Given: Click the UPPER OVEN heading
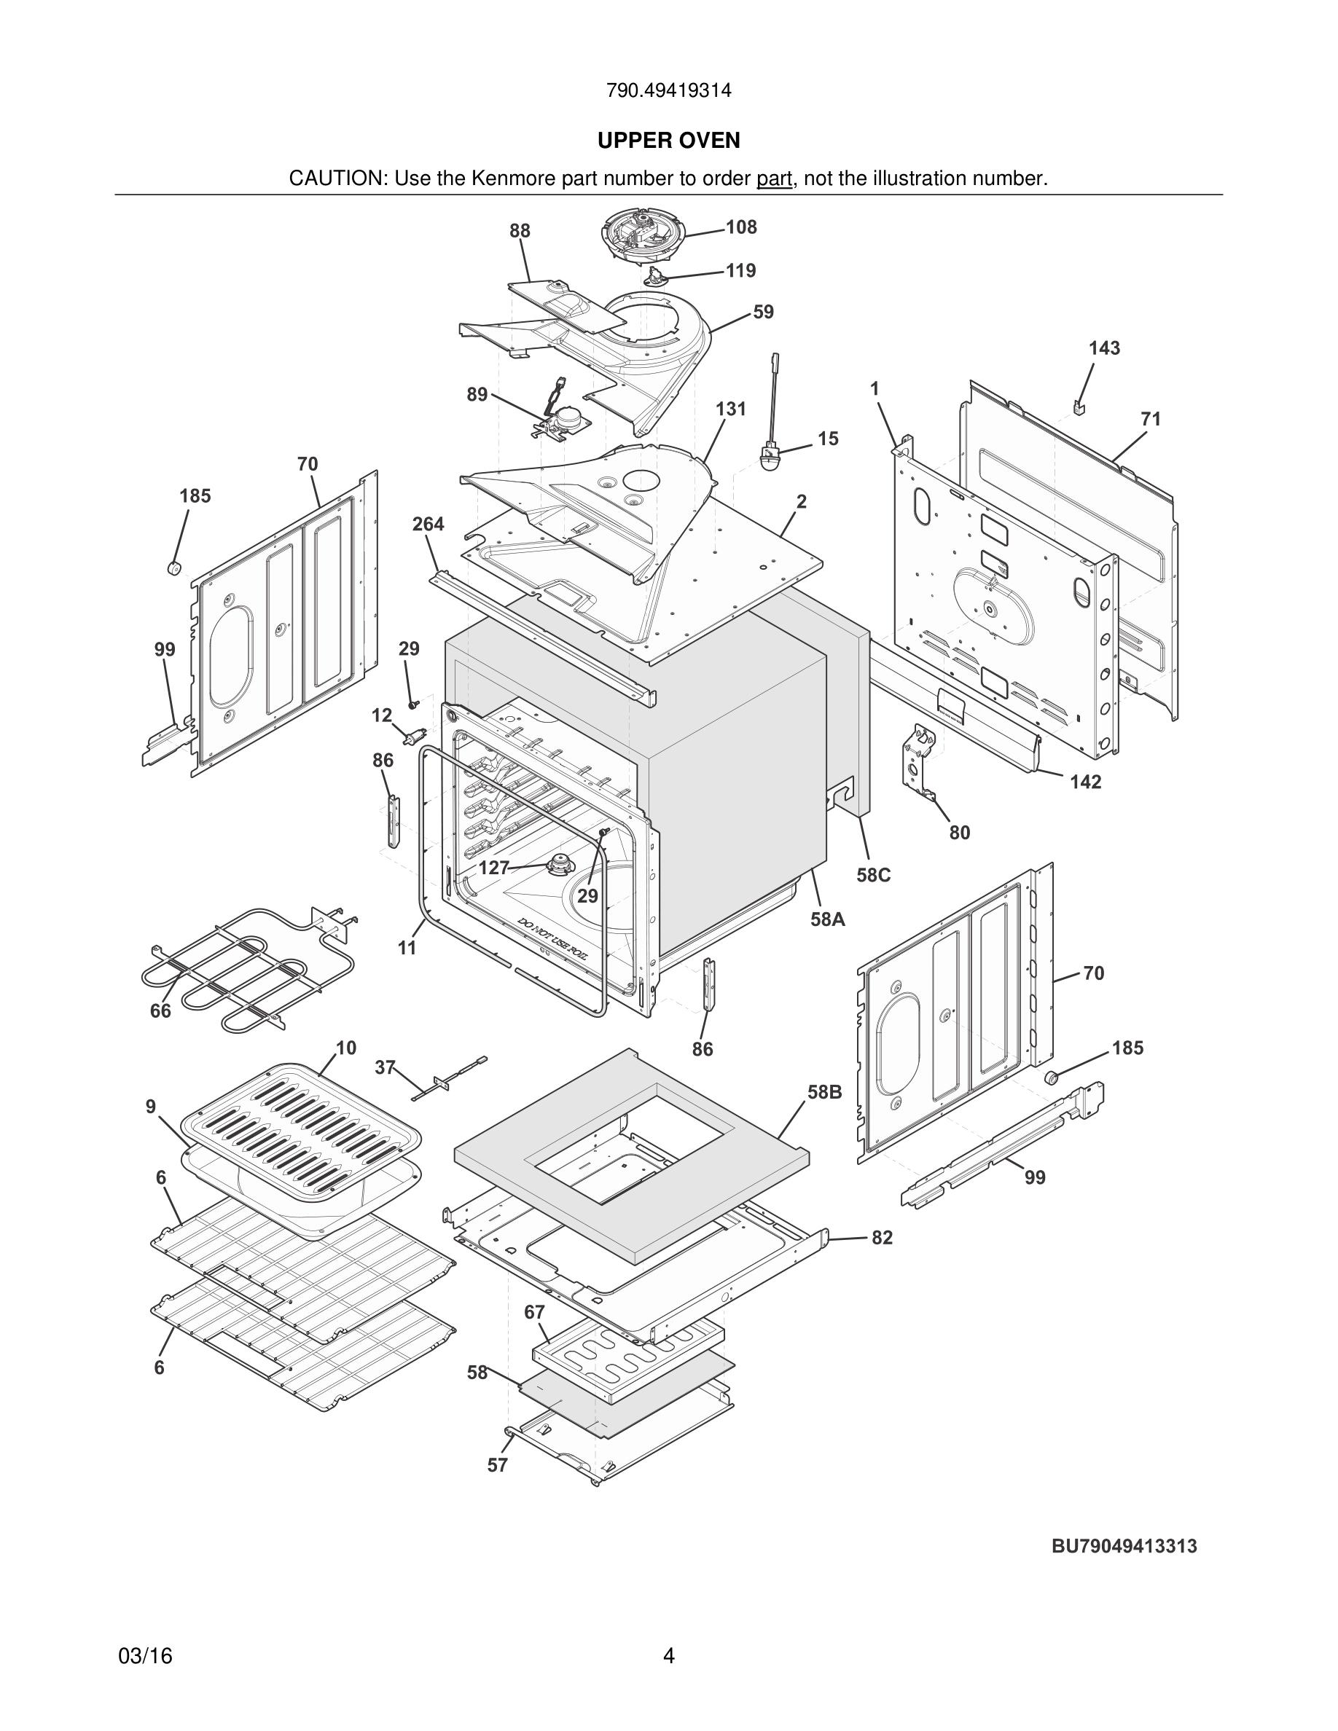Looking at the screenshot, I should pyautogui.click(x=668, y=141).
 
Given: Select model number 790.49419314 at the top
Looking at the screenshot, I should pyautogui.click(x=668, y=91).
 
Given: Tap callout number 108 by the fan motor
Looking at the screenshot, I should pyautogui.click(x=741, y=227).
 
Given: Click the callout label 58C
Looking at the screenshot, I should pyautogui.click(x=873, y=875).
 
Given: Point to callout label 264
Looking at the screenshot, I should pyautogui.click(x=428, y=524).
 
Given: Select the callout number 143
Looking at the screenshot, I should pyautogui.click(x=1103, y=348).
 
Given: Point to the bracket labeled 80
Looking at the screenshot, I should pyautogui.click(x=920, y=757).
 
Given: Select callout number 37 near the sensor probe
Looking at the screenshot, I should pyautogui.click(x=385, y=1067).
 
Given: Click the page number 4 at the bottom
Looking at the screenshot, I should pyautogui.click(x=668, y=1656).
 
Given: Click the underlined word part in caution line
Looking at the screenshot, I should pyautogui.click(x=774, y=179).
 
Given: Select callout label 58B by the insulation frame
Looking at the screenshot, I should pyautogui.click(x=824, y=1092).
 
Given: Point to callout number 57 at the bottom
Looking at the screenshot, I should pyautogui.click(x=497, y=1466).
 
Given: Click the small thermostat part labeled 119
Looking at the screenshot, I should pyautogui.click(x=657, y=274).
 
